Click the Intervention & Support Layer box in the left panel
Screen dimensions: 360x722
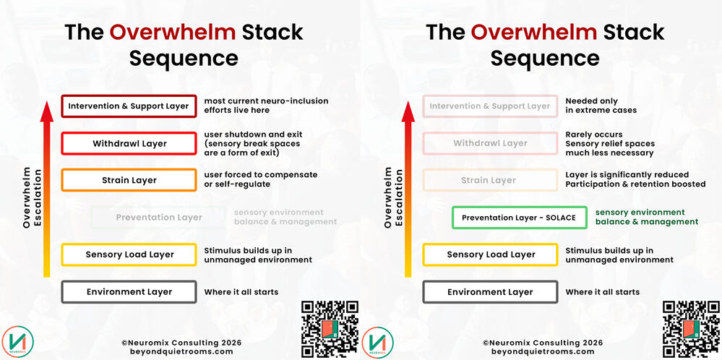tap(129, 106)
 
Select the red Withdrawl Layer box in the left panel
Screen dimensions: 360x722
tap(129, 143)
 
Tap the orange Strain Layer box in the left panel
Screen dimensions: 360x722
tap(129, 180)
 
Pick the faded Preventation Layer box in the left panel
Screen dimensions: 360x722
tap(159, 217)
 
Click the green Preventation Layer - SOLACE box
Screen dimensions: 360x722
tap(520, 218)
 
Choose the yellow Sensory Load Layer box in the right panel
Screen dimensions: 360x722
tap(490, 254)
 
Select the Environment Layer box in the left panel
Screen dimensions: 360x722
tap(129, 292)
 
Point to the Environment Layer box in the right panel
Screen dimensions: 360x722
tap(490, 292)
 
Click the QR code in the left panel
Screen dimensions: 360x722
tap(330, 329)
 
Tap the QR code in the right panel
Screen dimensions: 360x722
tap(691, 329)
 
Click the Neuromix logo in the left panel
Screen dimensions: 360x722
tap(17, 342)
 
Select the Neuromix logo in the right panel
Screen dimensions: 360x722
tap(379, 342)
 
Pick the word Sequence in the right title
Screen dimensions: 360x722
tap(545, 58)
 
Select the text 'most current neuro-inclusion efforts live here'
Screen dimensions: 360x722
tap(266, 106)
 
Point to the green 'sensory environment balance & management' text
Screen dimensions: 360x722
tap(646, 217)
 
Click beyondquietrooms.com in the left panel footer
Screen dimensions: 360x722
tap(181, 351)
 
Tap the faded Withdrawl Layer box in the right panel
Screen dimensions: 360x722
tap(490, 143)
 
